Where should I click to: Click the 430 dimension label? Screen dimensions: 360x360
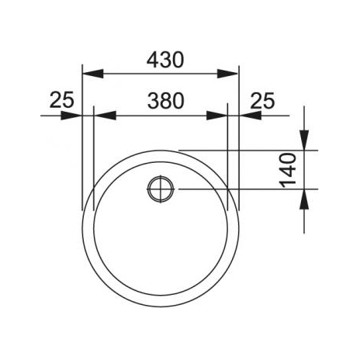[165, 60]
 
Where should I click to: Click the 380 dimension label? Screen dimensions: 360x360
[166, 101]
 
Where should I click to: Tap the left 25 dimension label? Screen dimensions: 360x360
[62, 100]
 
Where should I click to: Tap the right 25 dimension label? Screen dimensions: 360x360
[262, 100]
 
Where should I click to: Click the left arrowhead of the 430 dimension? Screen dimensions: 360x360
[93, 74]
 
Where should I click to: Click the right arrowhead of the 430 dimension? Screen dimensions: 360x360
[227, 74]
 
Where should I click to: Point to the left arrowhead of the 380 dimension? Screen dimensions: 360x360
[105, 116]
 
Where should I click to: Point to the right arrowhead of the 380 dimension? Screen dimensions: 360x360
[216, 116]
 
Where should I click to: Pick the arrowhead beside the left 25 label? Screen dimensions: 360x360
[71, 116]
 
